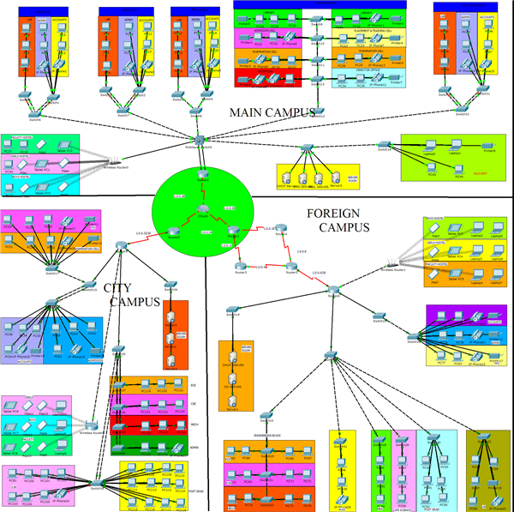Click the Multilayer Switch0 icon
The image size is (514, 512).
pyautogui.click(x=197, y=139)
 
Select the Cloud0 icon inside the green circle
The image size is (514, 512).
pyautogui.click(x=202, y=208)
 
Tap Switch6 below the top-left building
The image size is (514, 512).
pyautogui.click(x=34, y=107)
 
